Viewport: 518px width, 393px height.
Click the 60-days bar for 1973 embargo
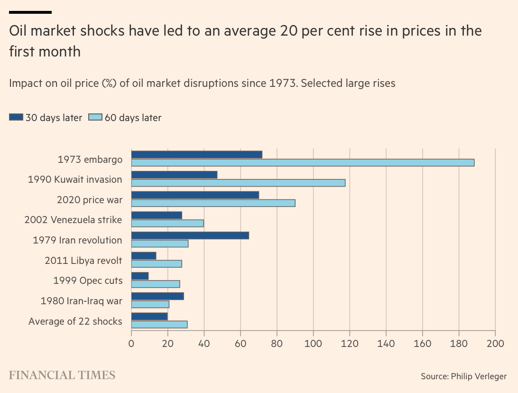[303, 162]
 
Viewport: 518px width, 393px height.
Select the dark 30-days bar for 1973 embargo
[196, 154]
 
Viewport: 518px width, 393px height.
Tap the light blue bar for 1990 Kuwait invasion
[238, 183]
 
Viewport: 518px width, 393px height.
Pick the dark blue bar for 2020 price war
[195, 195]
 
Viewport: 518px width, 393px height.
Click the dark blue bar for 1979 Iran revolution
[190, 235]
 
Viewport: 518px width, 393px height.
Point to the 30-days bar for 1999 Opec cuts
[140, 276]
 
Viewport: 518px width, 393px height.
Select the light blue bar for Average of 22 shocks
[159, 325]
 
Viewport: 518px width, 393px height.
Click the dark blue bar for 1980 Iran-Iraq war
[157, 296]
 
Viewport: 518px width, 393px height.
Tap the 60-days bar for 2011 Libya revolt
[157, 264]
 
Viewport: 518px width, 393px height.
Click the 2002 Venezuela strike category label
[73, 220]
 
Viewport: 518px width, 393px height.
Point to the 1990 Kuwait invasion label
[75, 179]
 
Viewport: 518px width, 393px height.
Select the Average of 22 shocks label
[75, 321]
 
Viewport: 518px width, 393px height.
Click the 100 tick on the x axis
[313, 343]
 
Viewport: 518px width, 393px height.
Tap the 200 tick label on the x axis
[495, 343]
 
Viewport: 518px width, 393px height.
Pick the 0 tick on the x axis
[131, 343]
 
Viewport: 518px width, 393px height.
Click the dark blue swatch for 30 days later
[16, 117]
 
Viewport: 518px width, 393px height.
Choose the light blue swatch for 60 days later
[95, 117]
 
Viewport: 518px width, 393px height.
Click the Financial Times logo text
[62, 375]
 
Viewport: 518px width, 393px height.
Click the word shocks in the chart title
[103, 31]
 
